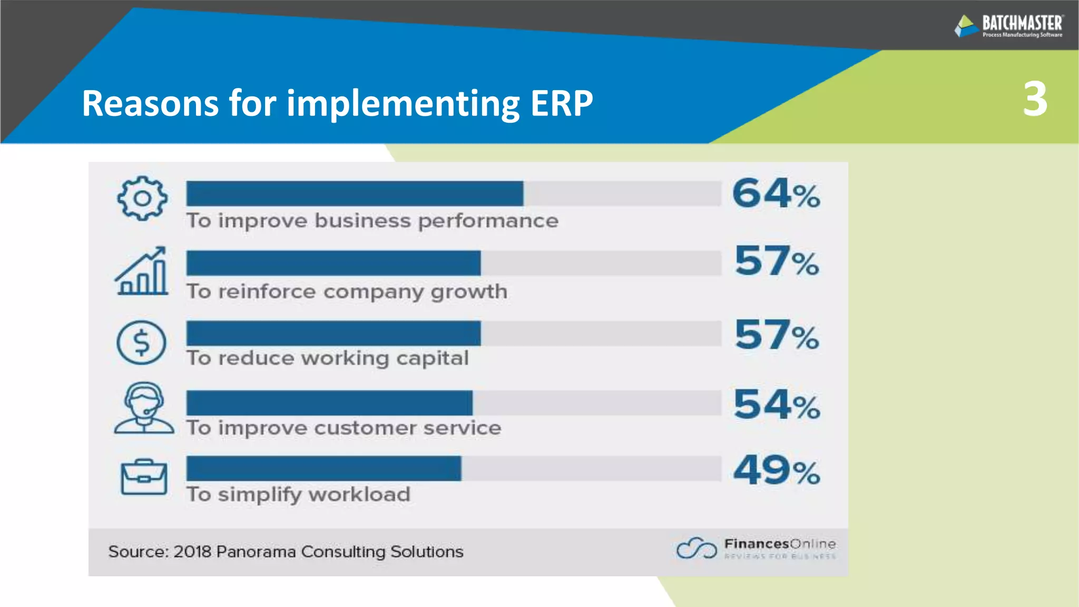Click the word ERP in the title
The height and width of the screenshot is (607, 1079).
[x=562, y=103]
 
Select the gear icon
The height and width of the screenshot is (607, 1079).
[x=142, y=198]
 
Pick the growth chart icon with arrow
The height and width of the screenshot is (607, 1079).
[x=142, y=271]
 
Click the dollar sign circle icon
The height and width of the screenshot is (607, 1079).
[x=141, y=342]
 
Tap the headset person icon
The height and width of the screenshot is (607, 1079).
[x=143, y=408]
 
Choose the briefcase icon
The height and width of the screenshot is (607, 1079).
[x=144, y=477]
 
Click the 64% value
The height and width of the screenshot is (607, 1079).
[x=776, y=193]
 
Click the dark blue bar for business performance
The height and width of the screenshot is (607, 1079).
[x=355, y=193]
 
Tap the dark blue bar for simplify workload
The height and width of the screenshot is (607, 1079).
[x=323, y=468]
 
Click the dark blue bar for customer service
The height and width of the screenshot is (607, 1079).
[x=329, y=403]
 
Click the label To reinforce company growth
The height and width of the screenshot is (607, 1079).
[x=347, y=291]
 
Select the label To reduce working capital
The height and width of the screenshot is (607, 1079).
[x=327, y=358]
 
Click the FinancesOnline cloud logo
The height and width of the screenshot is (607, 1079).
[x=697, y=548]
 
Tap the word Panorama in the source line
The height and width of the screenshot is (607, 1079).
[x=249, y=552]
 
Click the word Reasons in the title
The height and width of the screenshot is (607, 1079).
[x=150, y=103]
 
